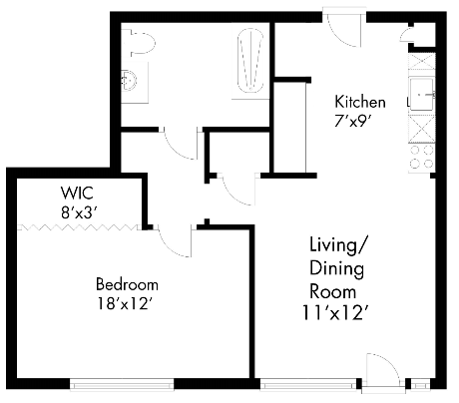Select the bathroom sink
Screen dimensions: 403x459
click(130, 81)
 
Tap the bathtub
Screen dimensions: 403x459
click(249, 63)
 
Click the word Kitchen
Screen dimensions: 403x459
click(360, 102)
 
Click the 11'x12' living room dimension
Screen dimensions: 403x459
click(339, 311)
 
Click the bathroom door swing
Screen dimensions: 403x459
click(181, 145)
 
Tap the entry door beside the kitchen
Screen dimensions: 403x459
click(350, 26)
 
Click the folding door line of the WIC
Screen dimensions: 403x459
click(80, 226)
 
